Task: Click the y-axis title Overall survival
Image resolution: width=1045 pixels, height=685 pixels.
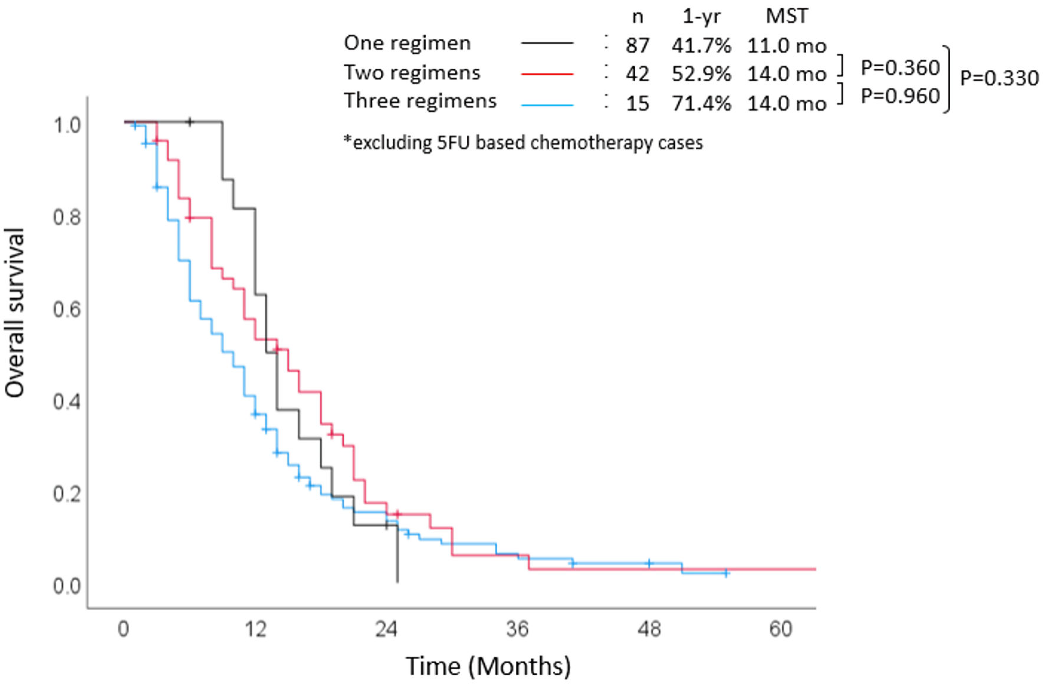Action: tap(14, 312)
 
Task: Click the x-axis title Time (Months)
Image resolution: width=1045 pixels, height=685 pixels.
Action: tap(488, 666)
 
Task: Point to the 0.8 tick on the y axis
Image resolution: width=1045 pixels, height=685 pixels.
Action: tap(67, 218)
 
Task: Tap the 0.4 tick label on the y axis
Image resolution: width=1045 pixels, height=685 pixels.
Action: tap(67, 402)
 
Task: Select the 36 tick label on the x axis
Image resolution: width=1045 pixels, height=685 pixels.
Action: tap(517, 630)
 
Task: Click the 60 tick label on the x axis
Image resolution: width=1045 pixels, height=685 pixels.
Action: tap(780, 630)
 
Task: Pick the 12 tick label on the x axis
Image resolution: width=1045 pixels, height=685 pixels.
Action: tap(255, 630)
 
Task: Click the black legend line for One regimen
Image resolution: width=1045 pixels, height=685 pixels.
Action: tap(547, 43)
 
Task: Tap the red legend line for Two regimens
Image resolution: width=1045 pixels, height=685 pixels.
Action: tap(547, 74)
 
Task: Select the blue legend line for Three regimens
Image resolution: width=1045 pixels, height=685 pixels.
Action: tap(547, 105)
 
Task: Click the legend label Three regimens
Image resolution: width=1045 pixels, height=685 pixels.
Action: tap(420, 101)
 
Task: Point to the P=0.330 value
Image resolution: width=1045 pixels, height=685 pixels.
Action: tap(999, 78)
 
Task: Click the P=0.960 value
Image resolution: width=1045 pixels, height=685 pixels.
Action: tap(900, 95)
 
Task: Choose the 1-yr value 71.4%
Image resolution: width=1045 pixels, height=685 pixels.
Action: tap(701, 104)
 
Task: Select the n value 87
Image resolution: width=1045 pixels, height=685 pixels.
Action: tap(637, 45)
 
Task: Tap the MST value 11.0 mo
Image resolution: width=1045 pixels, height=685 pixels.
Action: tap(787, 45)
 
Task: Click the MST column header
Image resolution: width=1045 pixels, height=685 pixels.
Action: tap(787, 16)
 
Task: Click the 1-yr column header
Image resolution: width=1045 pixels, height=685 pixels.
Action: tap(701, 17)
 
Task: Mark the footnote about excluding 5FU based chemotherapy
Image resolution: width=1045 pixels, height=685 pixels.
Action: tap(523, 143)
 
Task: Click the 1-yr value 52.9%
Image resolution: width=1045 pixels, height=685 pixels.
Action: tap(701, 74)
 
